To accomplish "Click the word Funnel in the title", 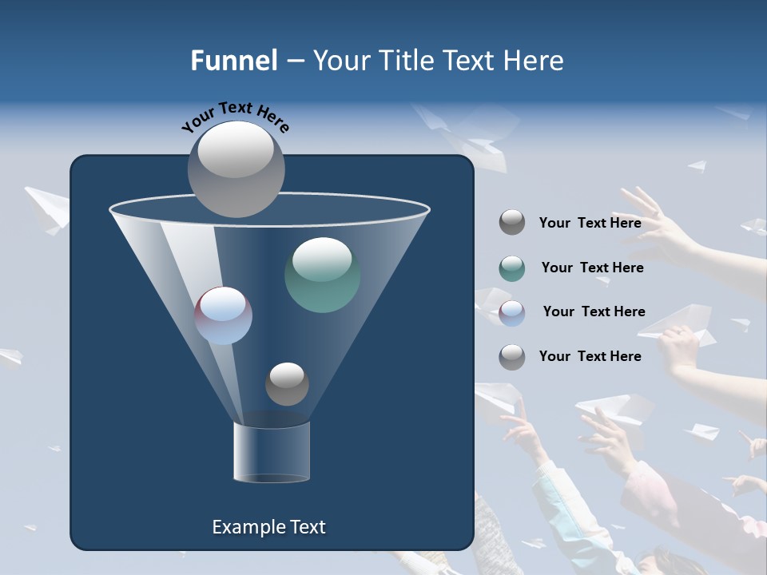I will [233, 61].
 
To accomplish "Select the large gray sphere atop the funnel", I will [236, 169].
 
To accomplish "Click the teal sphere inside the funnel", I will [322, 275].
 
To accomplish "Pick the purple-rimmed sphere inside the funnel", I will [224, 315].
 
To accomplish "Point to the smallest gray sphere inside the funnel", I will [287, 384].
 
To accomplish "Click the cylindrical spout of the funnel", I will [271, 453].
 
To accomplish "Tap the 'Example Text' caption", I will [268, 527].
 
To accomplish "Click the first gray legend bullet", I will [512, 222].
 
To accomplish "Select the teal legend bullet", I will [512, 268].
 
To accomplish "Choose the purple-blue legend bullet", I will [512, 312].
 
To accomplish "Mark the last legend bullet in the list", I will [512, 356].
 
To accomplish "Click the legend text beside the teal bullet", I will [592, 268].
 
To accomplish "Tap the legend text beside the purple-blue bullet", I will [594, 311].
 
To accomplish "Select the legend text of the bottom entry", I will [590, 356].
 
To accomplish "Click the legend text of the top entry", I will [590, 223].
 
